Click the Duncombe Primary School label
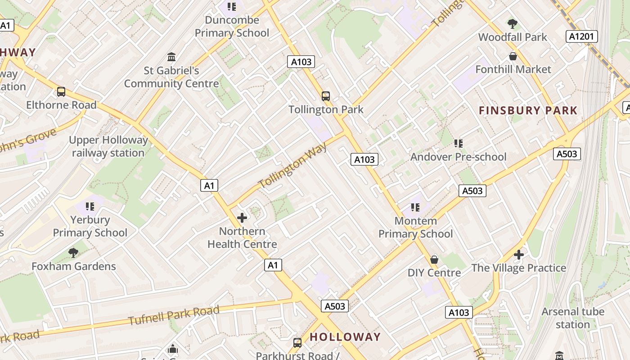click(232, 27)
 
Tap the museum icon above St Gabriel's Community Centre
click(171, 57)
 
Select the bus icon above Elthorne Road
click(61, 92)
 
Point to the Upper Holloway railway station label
click(108, 146)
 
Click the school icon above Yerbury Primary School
click(90, 207)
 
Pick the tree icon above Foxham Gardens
click(73, 253)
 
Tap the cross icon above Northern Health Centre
click(242, 218)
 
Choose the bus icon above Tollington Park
click(326, 96)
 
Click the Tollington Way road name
click(293, 166)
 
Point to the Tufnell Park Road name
click(174, 315)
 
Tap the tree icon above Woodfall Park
click(512, 23)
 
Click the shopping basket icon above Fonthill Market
click(513, 56)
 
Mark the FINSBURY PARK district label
click(528, 110)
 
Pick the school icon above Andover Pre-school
click(459, 144)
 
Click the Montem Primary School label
click(415, 227)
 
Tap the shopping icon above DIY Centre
click(434, 260)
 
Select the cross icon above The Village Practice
click(519, 255)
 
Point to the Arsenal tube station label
click(572, 318)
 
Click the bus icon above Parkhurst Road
click(297, 343)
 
